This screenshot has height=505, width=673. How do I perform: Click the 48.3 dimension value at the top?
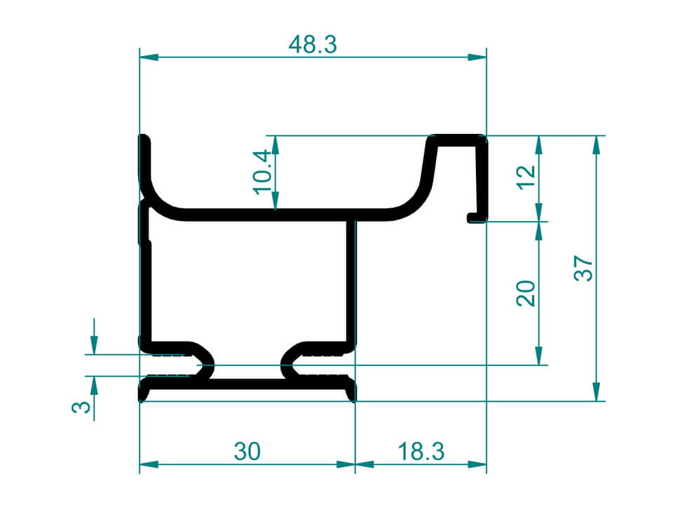point(313,45)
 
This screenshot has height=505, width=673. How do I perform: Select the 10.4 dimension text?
point(263,173)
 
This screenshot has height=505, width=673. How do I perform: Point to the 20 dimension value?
point(526,293)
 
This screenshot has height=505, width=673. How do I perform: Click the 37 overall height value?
point(583,269)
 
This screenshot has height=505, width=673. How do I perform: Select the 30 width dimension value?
point(247,451)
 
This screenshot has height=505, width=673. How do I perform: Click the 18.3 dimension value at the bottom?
point(421,451)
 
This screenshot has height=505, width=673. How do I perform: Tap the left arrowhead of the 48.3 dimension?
point(149,57)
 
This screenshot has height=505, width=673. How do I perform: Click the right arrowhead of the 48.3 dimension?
point(477,57)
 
